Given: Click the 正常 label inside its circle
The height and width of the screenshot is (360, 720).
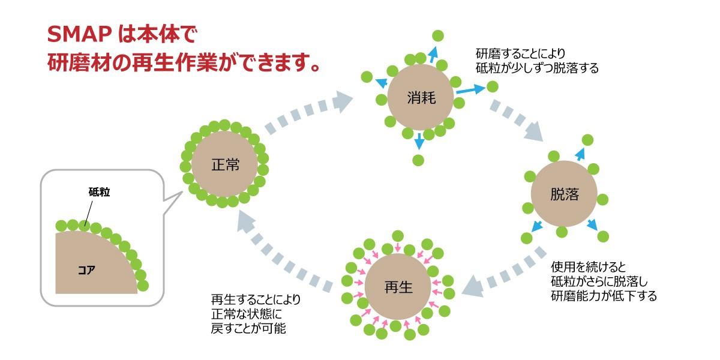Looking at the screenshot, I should pos(225,164).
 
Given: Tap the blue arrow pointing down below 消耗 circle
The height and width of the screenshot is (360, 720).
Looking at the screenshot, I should pos(419,142).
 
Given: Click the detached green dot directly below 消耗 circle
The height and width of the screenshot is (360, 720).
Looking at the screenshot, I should pos(419,160).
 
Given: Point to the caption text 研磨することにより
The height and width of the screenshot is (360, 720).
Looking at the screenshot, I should pos(521,53).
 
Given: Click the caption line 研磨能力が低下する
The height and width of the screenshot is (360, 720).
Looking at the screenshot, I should pos(602,296).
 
